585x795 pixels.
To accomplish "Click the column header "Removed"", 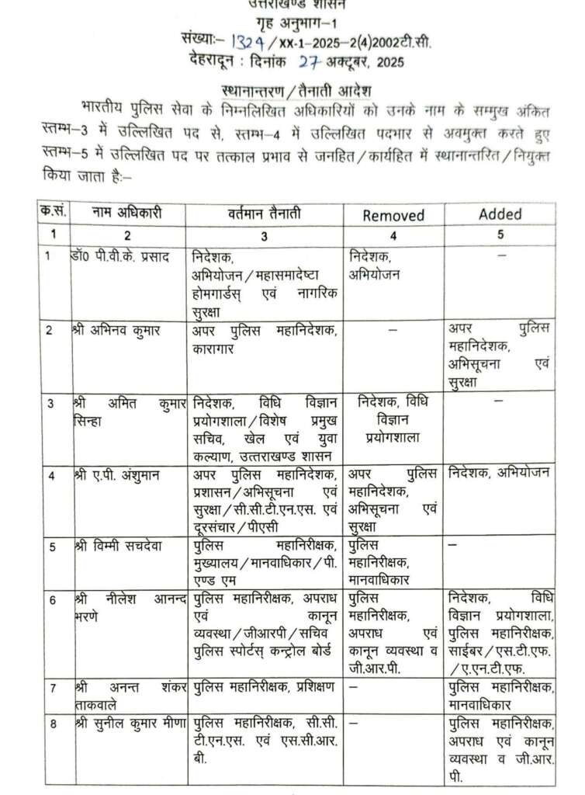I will [393, 215].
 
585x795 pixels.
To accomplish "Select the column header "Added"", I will [500, 214].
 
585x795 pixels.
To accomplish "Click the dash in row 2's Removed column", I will [393, 330].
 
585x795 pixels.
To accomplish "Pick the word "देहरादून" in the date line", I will [214, 57].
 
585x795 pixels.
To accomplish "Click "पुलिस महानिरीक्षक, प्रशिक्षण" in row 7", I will [265, 687].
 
